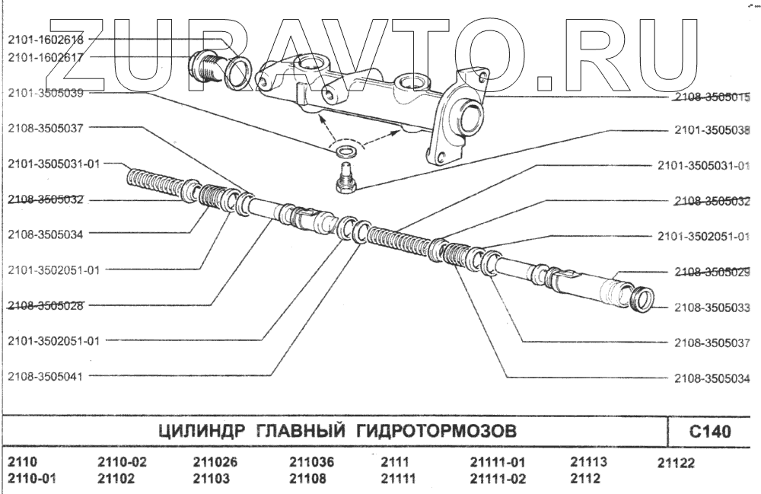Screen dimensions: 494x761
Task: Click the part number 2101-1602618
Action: click(46, 39)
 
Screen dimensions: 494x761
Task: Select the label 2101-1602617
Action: click(46, 56)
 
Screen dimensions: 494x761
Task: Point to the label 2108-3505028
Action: click(46, 305)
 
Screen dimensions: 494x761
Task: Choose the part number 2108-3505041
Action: click(46, 375)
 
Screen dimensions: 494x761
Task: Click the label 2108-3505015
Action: click(712, 97)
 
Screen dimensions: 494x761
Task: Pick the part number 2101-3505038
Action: click(712, 130)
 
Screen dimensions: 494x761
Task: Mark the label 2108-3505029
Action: click(712, 272)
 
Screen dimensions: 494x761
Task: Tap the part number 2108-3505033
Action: click(712, 308)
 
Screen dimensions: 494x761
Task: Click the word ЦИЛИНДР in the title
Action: click(200, 432)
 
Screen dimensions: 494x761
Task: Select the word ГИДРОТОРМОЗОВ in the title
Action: click(437, 432)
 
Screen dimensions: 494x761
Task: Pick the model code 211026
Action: click(215, 462)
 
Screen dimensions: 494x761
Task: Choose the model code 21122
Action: click(676, 463)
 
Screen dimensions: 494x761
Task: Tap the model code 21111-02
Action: click(498, 479)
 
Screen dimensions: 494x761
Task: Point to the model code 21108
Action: click(308, 479)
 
